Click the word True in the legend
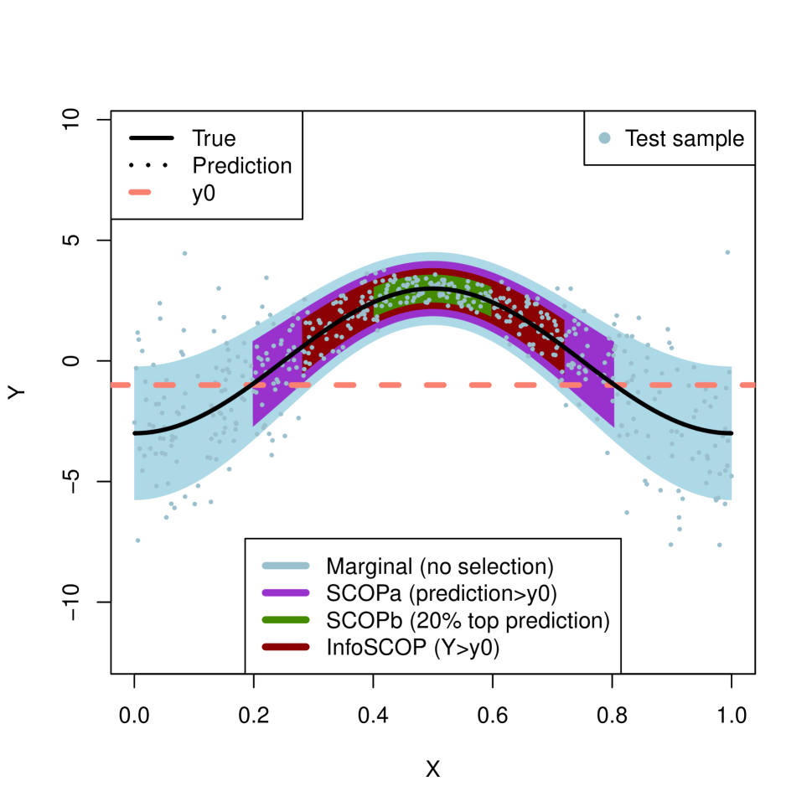[214, 138]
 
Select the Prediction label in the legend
[241, 166]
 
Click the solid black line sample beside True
[151, 137]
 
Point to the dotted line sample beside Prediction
[151, 165]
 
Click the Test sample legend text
[684, 138]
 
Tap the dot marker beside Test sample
[606, 137]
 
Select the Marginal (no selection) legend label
[440, 566]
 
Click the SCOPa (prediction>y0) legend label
[442, 593]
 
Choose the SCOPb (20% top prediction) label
[468, 621]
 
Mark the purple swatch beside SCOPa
[285, 593]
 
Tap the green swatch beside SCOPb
[285, 620]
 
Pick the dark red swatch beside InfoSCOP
[285, 648]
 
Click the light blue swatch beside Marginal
[285, 566]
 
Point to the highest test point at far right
[727, 252]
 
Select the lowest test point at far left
[137, 540]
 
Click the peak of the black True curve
[432, 288]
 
